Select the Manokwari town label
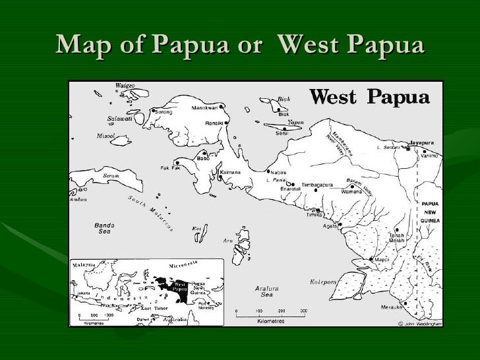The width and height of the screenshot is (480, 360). coord(204,107)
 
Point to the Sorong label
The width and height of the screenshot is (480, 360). coord(164,112)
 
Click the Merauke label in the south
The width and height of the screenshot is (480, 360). coord(392,307)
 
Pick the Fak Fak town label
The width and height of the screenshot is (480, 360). coord(170,167)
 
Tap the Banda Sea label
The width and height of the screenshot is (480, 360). coord(104,228)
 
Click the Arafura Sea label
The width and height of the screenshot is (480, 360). coord(267,292)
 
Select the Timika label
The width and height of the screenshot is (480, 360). coord(314,215)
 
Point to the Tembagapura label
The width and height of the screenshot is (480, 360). coord(317,185)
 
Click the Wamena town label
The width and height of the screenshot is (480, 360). coord(351,191)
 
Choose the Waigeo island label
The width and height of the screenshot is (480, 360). coord(125,86)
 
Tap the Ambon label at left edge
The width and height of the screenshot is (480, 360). coord(78,198)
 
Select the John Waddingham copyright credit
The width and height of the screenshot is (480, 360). coord(420,323)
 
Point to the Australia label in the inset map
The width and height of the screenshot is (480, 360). coord(173,319)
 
